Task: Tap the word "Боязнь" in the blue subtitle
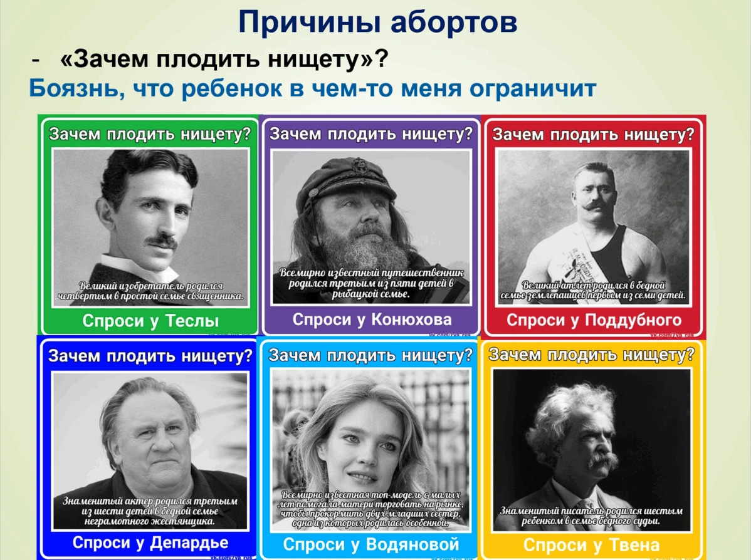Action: (69, 88)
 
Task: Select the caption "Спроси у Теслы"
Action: (150, 321)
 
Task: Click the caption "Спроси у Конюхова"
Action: (372, 319)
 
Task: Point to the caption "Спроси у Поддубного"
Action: (593, 320)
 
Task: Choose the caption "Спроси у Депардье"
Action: (150, 542)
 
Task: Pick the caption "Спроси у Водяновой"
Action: (371, 544)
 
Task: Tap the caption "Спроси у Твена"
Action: (591, 544)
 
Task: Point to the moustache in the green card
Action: (164, 240)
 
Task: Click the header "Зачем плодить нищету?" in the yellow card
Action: (591, 355)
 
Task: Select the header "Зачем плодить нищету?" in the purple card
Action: (370, 134)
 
